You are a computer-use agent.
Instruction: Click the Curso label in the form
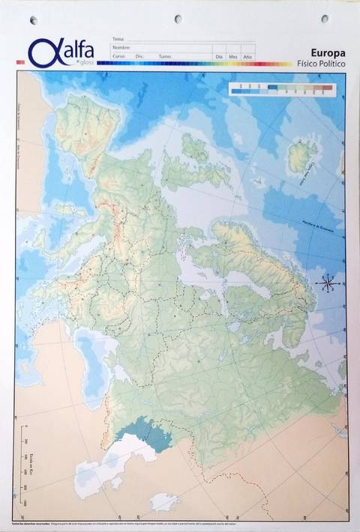[x=118, y=56]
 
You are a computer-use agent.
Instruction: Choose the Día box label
[x=219, y=56]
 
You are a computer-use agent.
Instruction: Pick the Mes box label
[x=232, y=56]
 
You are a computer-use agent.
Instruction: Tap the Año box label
[x=247, y=56]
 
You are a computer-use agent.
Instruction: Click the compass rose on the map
[x=328, y=282]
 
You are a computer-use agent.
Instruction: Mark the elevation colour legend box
[x=281, y=89]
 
